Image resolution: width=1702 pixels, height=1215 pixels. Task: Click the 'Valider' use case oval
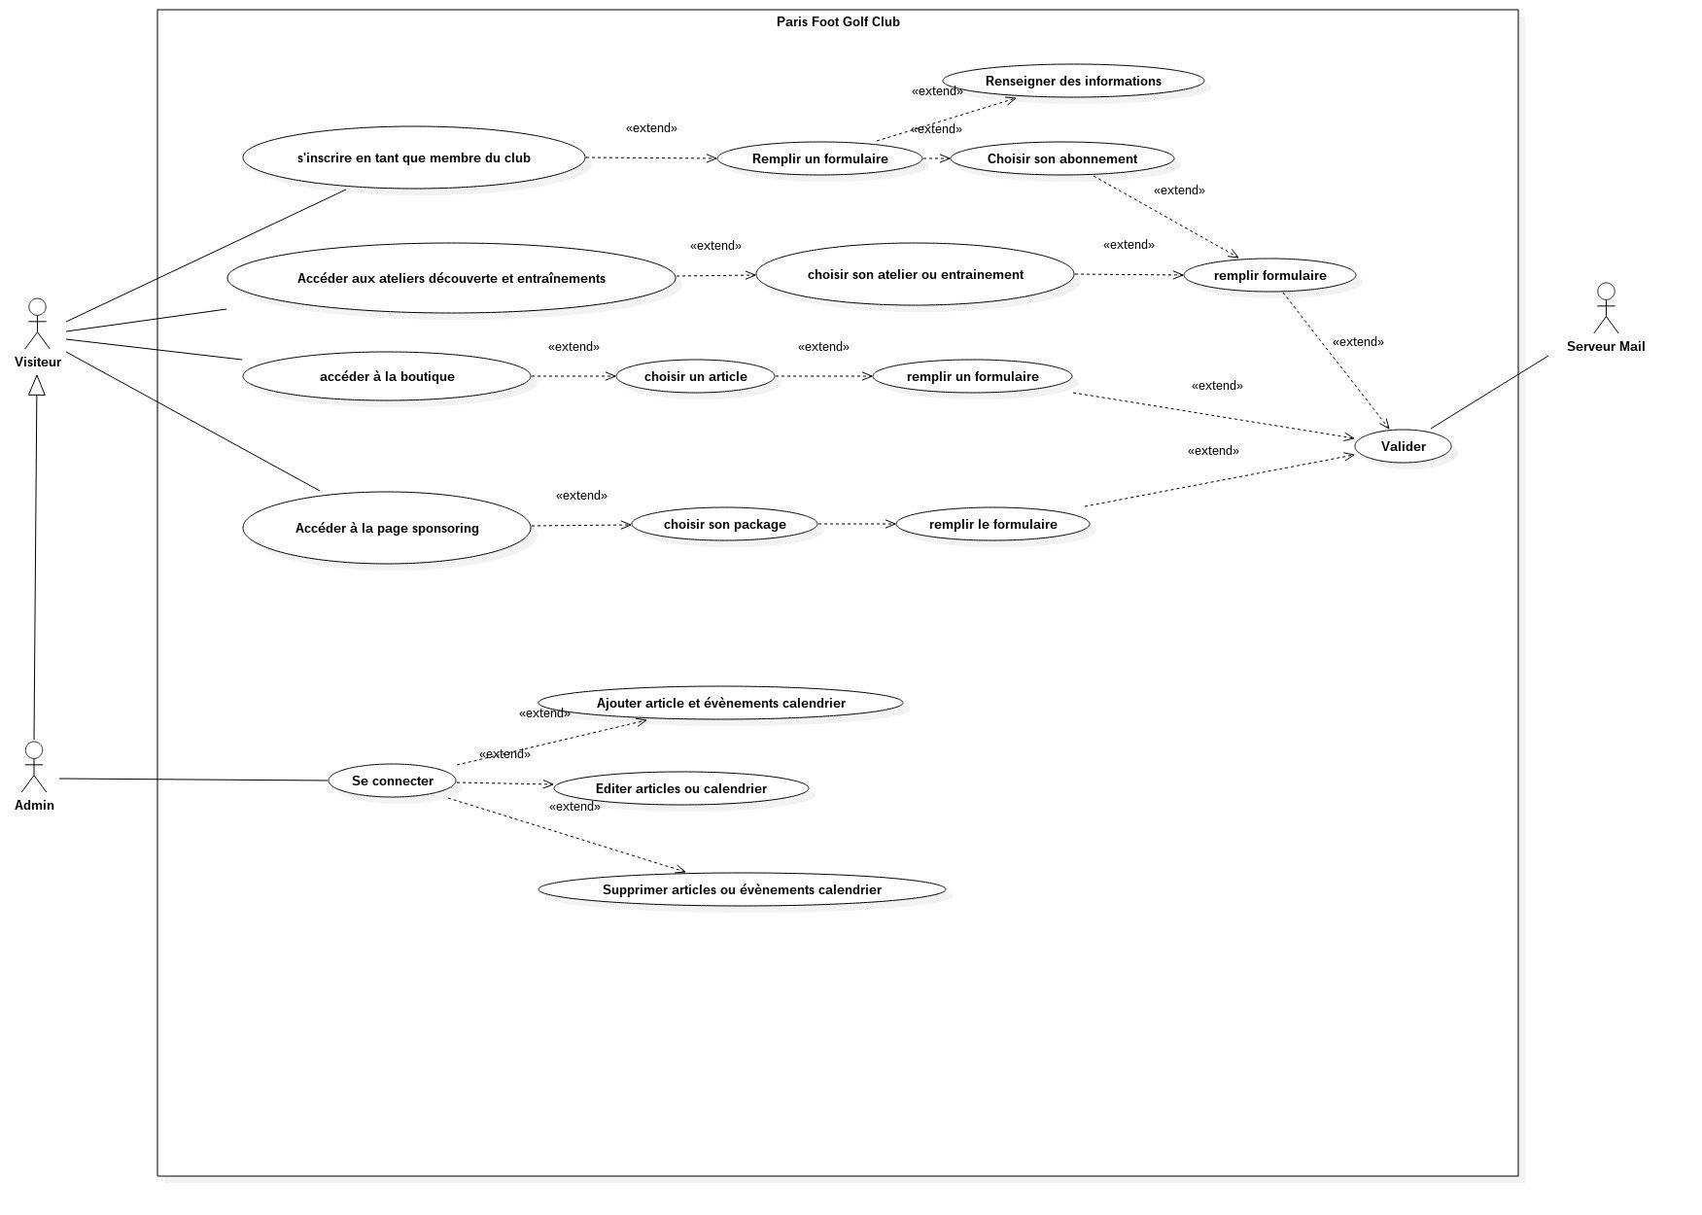click(x=1403, y=446)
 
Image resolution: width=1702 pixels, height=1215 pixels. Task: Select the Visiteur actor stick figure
click(x=37, y=324)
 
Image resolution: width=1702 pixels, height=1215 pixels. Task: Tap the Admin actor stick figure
click(x=34, y=767)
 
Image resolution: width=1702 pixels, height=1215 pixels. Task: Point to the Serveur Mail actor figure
click(x=1606, y=308)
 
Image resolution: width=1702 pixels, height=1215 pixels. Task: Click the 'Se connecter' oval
click(x=393, y=781)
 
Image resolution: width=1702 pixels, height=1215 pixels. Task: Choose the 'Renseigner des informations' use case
click(x=1073, y=81)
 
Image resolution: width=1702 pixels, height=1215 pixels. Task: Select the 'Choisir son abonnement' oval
click(x=1061, y=158)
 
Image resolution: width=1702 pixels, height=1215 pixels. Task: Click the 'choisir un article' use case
click(x=695, y=376)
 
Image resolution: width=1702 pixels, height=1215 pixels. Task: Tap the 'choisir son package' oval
click(x=724, y=524)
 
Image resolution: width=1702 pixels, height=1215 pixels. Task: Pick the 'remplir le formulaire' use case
click(x=992, y=524)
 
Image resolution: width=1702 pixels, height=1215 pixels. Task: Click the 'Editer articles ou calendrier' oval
click(x=680, y=788)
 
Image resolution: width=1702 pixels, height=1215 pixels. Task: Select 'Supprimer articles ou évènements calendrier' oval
click(x=742, y=889)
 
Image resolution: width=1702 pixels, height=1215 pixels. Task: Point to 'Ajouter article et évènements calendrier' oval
click(x=720, y=703)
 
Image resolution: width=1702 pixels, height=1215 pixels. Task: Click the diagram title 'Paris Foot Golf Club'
click(x=838, y=21)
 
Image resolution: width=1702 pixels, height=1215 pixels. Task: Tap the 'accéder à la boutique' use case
click(x=387, y=376)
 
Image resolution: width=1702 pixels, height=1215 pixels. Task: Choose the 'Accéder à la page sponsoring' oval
click(x=387, y=528)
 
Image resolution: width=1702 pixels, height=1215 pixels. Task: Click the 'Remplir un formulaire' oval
click(x=819, y=158)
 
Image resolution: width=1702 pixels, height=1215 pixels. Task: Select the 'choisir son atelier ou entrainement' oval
click(x=915, y=274)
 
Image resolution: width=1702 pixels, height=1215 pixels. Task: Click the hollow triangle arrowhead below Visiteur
click(x=37, y=385)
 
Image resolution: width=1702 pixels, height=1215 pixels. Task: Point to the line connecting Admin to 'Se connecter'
click(x=194, y=780)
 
